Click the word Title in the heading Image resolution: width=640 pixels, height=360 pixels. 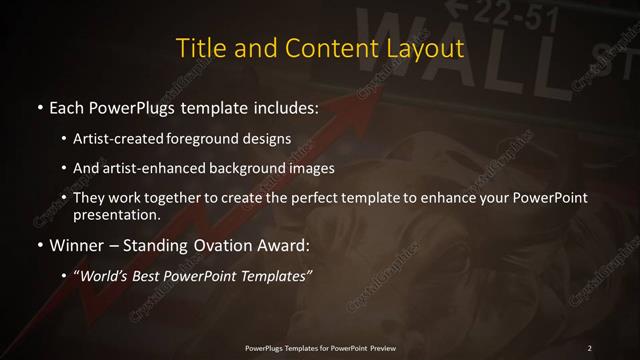point(199,48)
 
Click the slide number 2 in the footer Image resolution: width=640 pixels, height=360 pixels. point(590,347)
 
